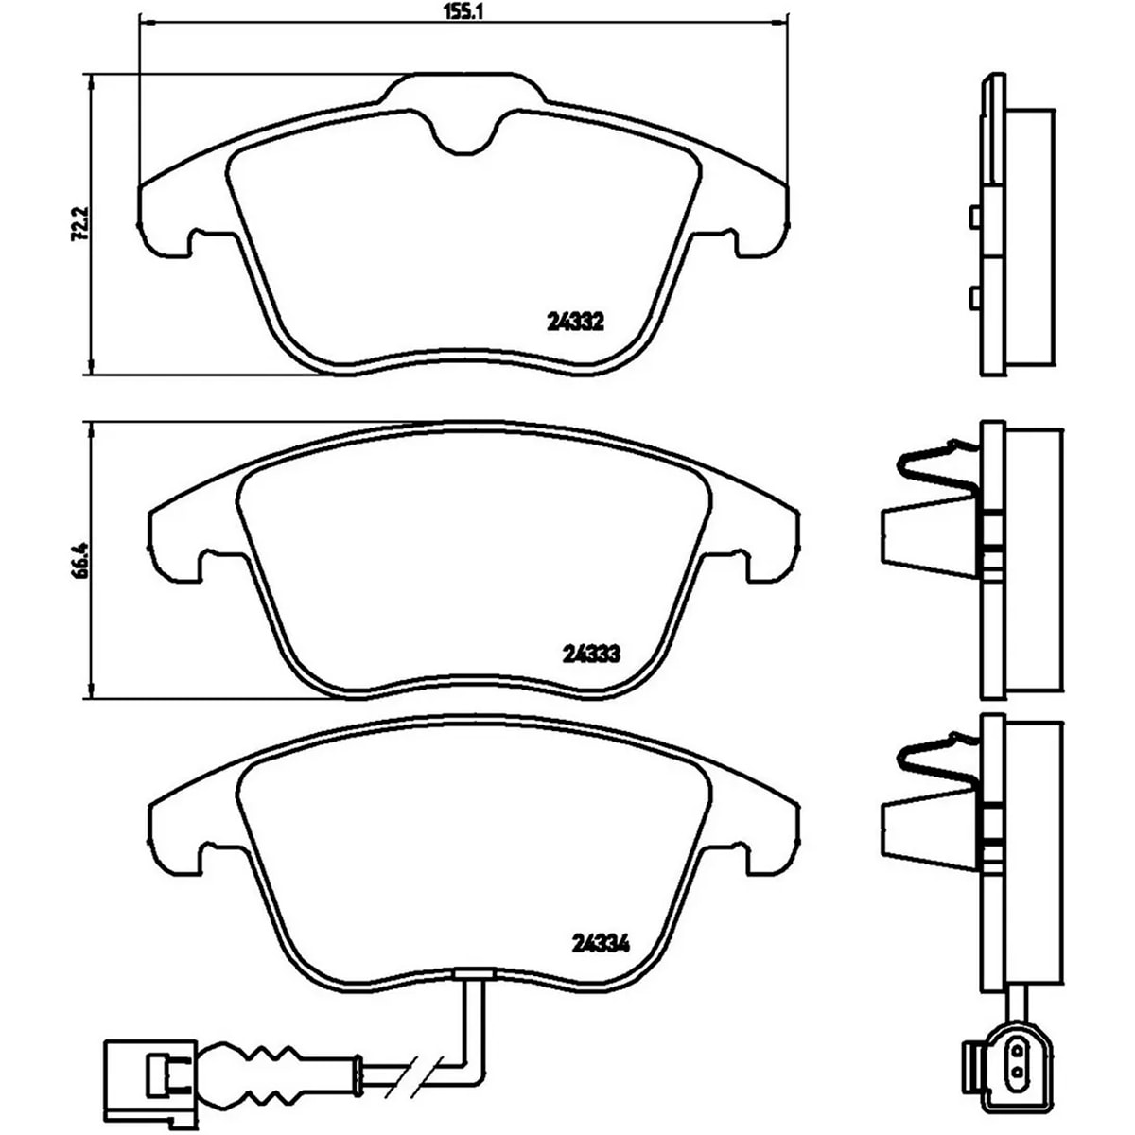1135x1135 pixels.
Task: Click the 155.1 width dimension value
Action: click(463, 11)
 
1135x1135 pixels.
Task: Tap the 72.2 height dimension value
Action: click(79, 223)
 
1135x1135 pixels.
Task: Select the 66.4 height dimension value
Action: click(80, 560)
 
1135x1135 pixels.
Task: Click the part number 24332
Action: click(575, 323)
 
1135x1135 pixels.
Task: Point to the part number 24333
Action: click(591, 654)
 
